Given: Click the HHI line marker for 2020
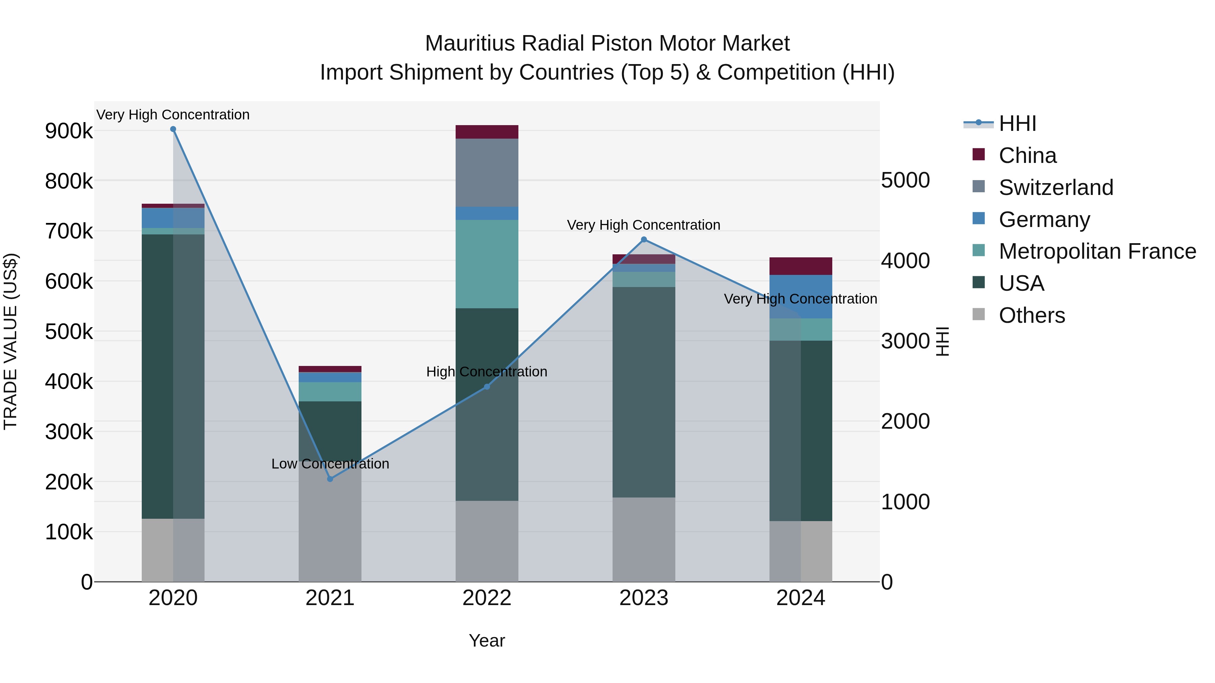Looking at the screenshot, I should pyautogui.click(x=173, y=129).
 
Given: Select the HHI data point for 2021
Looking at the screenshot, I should pyautogui.click(x=330, y=479).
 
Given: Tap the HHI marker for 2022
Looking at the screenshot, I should pyautogui.click(x=487, y=387).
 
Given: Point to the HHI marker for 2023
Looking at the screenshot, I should pyautogui.click(x=644, y=239).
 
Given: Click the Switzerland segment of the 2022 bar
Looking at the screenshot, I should pyautogui.click(x=487, y=172).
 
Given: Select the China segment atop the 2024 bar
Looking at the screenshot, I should pyautogui.click(x=801, y=266).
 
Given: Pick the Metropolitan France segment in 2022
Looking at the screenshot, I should pyautogui.click(x=487, y=264).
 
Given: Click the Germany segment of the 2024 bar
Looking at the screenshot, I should pyautogui.click(x=801, y=296).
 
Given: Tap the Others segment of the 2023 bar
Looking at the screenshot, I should pyautogui.click(x=644, y=539).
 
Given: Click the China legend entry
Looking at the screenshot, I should pyautogui.click(x=1027, y=155).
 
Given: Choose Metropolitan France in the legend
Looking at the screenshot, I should pyautogui.click(x=1097, y=251).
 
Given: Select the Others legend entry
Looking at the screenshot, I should pyautogui.click(x=1031, y=315).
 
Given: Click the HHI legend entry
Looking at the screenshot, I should pyautogui.click(x=1017, y=123).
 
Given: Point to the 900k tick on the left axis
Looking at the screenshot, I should pyautogui.click(x=69, y=131).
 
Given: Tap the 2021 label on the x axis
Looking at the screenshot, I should pyautogui.click(x=330, y=598).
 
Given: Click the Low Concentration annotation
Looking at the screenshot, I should pyautogui.click(x=330, y=464).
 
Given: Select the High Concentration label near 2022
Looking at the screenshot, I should pyautogui.click(x=487, y=372).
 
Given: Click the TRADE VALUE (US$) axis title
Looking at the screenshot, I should pyautogui.click(x=10, y=341).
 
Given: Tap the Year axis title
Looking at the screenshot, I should pyautogui.click(x=487, y=641).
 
